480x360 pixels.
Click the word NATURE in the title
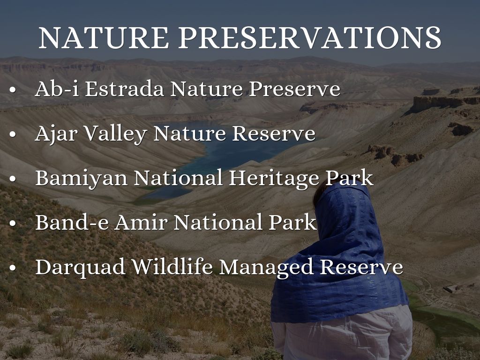(104, 37)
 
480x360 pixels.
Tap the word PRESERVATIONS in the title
(310, 37)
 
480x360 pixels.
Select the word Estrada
(124, 89)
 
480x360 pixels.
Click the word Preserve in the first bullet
(294, 89)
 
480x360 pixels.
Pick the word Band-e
(72, 222)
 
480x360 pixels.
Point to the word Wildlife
(172, 267)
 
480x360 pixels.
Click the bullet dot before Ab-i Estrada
(13, 90)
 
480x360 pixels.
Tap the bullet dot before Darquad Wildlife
(13, 268)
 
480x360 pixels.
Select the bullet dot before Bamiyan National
(13, 179)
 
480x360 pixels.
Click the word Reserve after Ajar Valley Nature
(274, 134)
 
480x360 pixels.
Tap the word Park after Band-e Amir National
(292, 222)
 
